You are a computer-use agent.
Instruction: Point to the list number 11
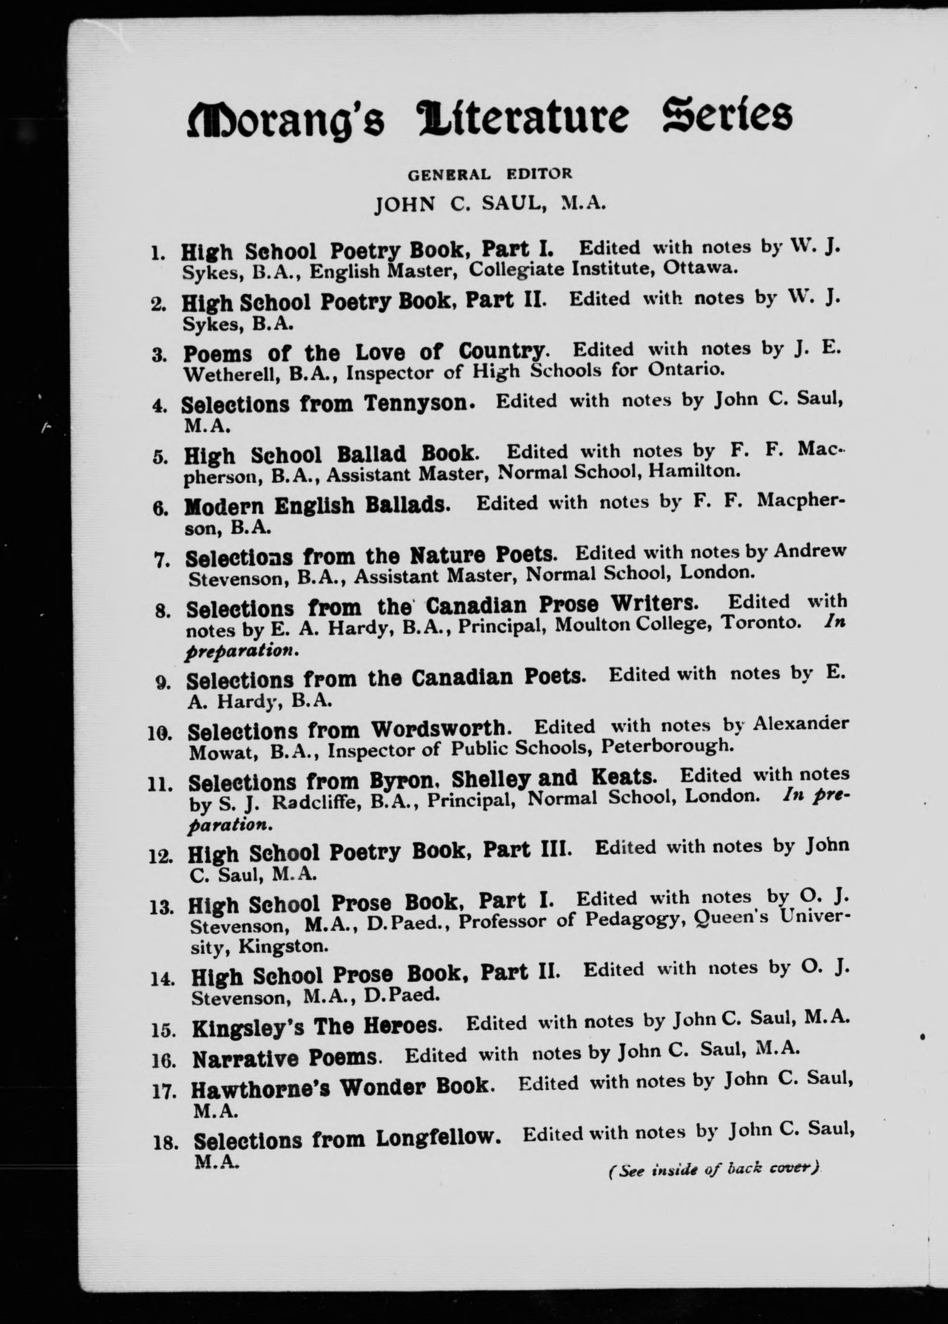coord(159,786)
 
